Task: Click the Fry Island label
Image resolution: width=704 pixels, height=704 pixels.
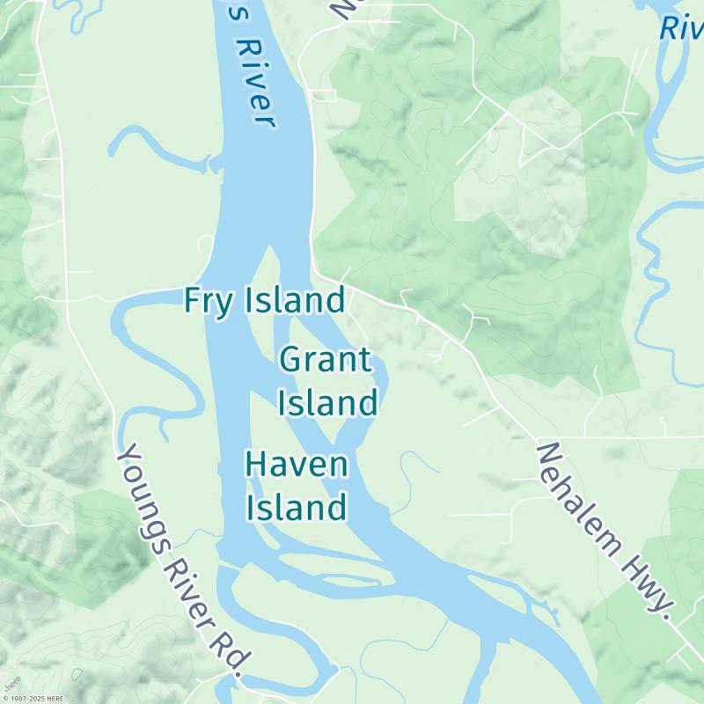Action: point(264,301)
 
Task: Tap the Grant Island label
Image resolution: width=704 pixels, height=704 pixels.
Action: point(328,382)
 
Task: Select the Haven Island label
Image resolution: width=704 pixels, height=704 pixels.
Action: point(296,486)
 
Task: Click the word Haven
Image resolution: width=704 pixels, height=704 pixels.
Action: point(297,464)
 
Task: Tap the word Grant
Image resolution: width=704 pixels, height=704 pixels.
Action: point(326,360)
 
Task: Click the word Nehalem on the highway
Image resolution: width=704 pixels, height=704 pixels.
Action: point(581,497)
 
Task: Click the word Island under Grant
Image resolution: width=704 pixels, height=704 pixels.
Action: point(328,404)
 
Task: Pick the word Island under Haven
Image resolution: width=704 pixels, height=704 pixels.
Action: point(296,508)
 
